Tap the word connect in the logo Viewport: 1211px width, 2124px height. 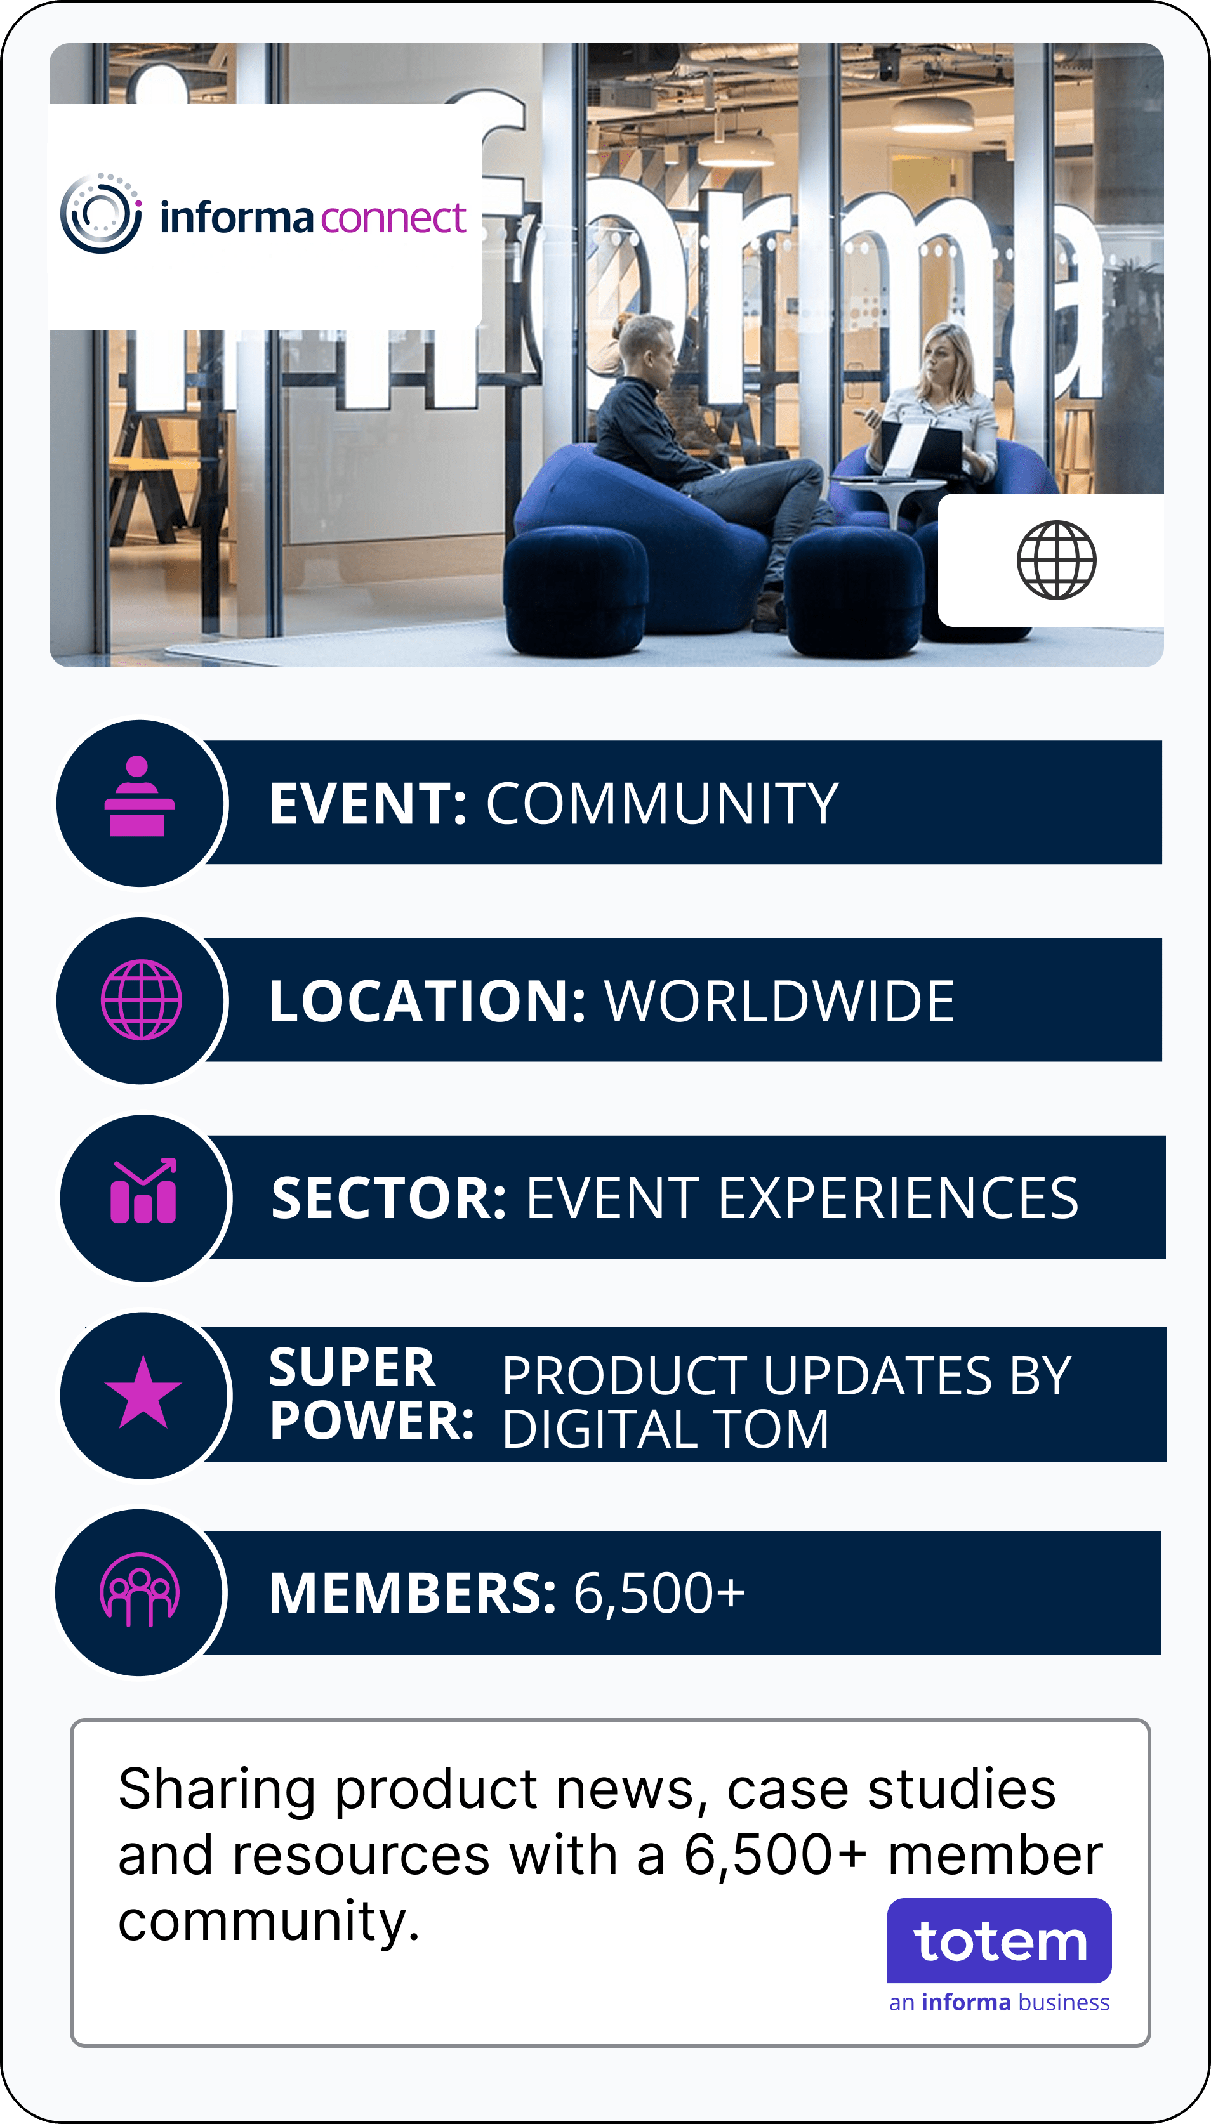[x=393, y=218]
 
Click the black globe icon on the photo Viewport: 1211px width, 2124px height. [x=1056, y=560]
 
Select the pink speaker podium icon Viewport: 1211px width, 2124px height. [x=140, y=796]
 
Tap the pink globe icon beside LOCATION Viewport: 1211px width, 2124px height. [x=142, y=1000]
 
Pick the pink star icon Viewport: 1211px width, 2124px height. [x=143, y=1393]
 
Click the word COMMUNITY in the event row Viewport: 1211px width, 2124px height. [x=662, y=804]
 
